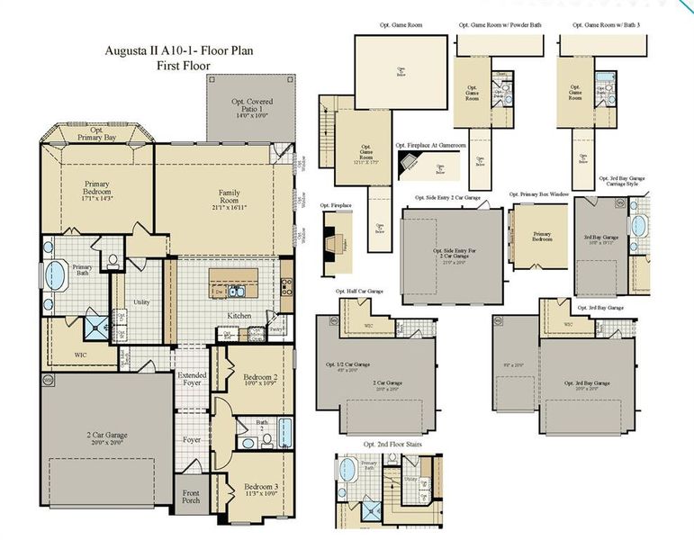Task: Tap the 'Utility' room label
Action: coord(141,303)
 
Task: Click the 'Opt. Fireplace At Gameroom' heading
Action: coord(430,145)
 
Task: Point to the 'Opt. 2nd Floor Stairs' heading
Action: coord(393,445)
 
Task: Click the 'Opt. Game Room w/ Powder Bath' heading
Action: coord(501,25)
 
